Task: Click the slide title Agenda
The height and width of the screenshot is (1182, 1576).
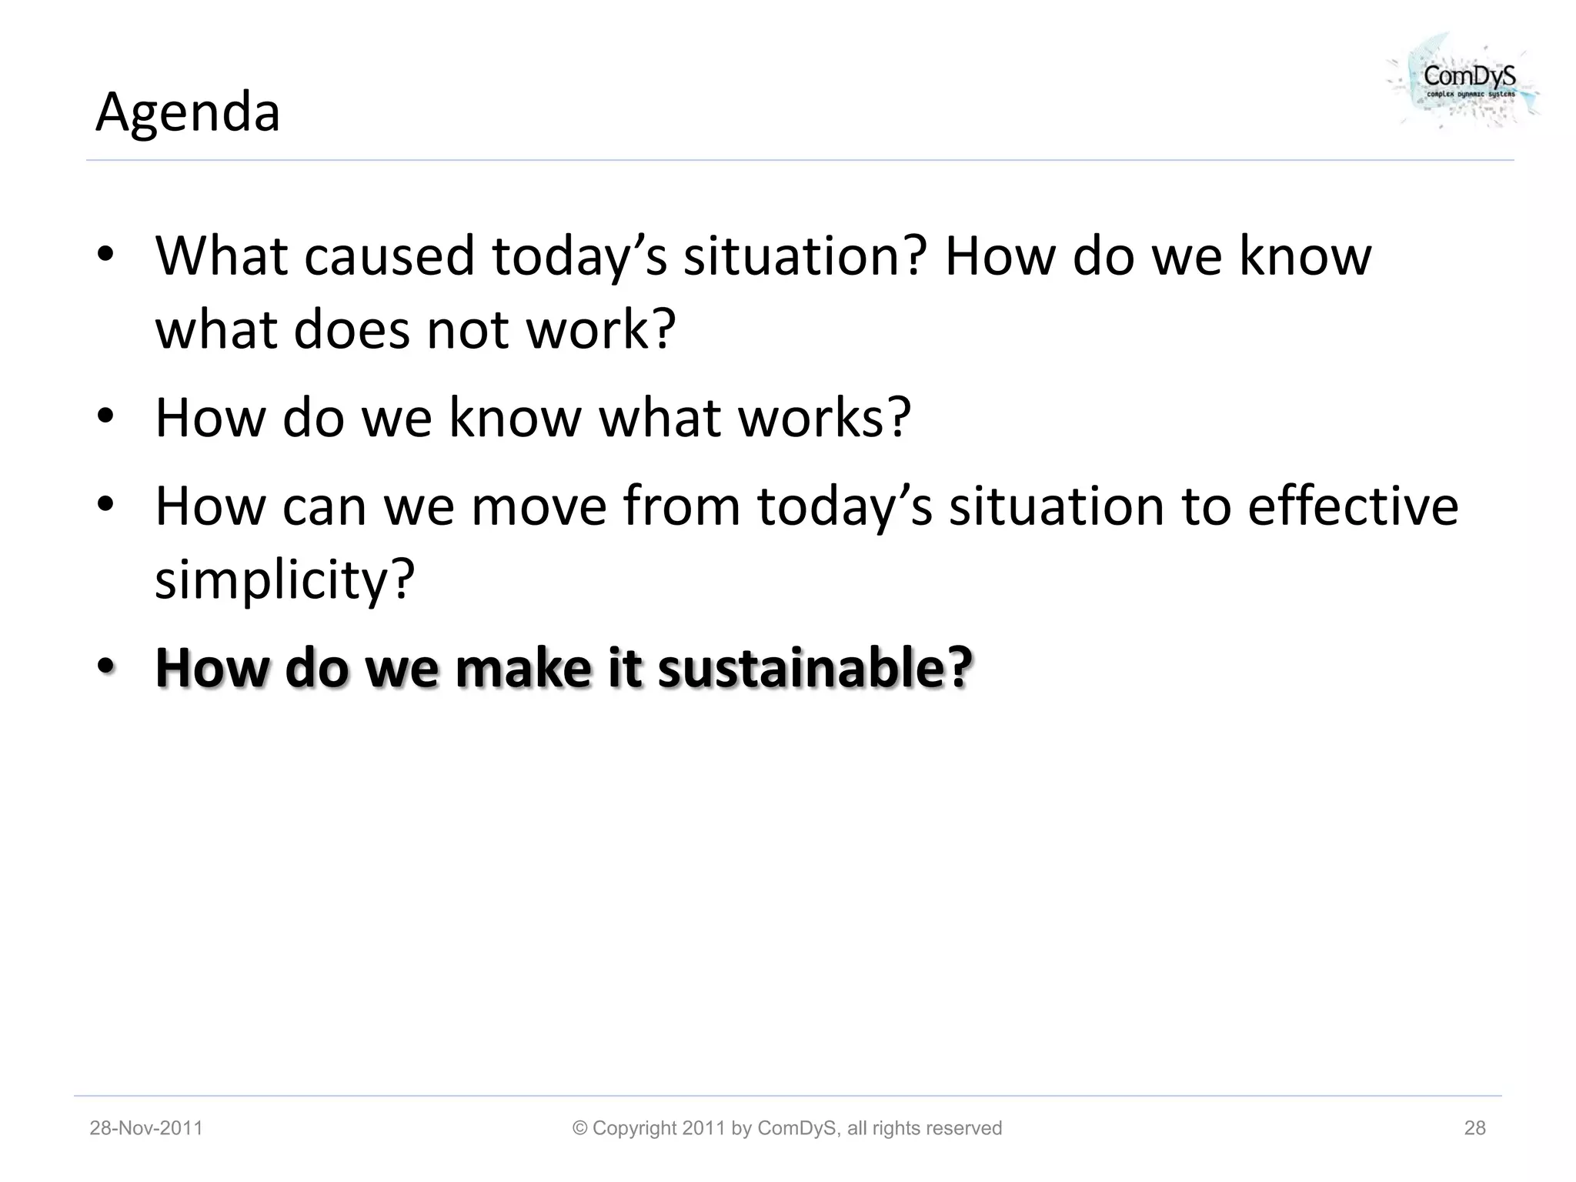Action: [x=187, y=112]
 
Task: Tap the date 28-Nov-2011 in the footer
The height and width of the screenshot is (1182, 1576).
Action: [x=146, y=1128]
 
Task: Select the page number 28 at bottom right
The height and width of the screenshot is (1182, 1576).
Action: [x=1474, y=1128]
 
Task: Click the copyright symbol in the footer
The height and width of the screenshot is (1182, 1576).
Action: [x=580, y=1128]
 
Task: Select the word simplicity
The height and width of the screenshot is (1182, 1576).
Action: [x=285, y=579]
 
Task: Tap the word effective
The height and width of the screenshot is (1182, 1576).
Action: [x=1352, y=506]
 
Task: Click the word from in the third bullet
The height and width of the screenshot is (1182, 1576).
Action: [x=681, y=506]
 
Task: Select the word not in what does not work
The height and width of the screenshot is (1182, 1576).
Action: [x=467, y=329]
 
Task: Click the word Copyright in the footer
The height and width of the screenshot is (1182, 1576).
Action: [x=634, y=1128]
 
